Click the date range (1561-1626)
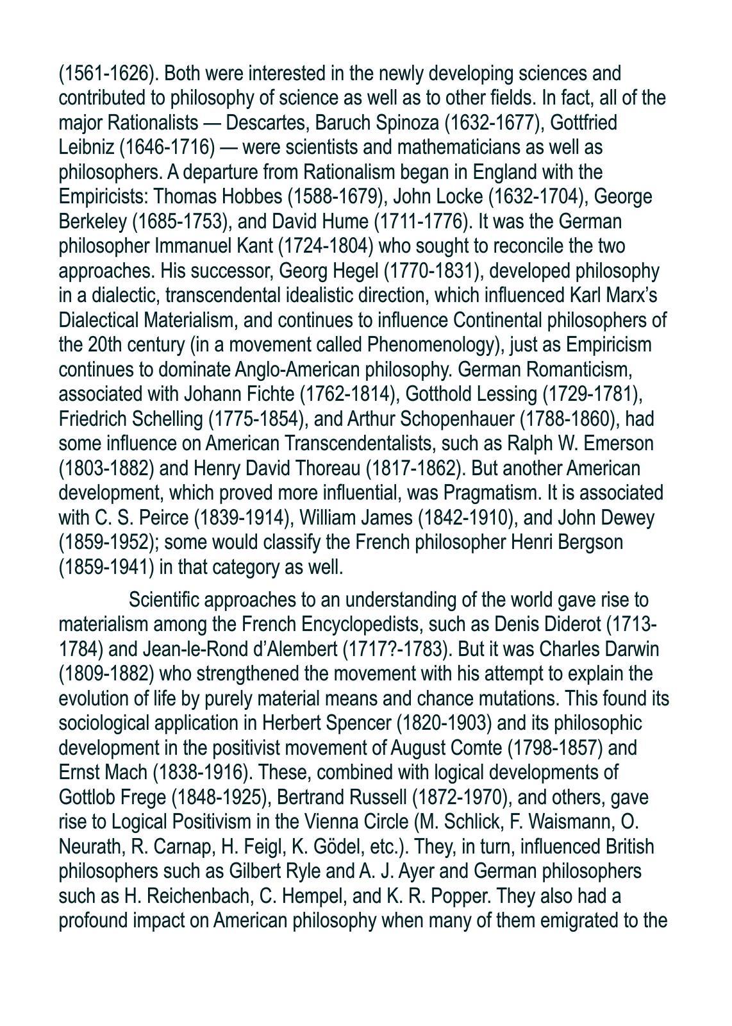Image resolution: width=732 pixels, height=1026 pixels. (x=108, y=74)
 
